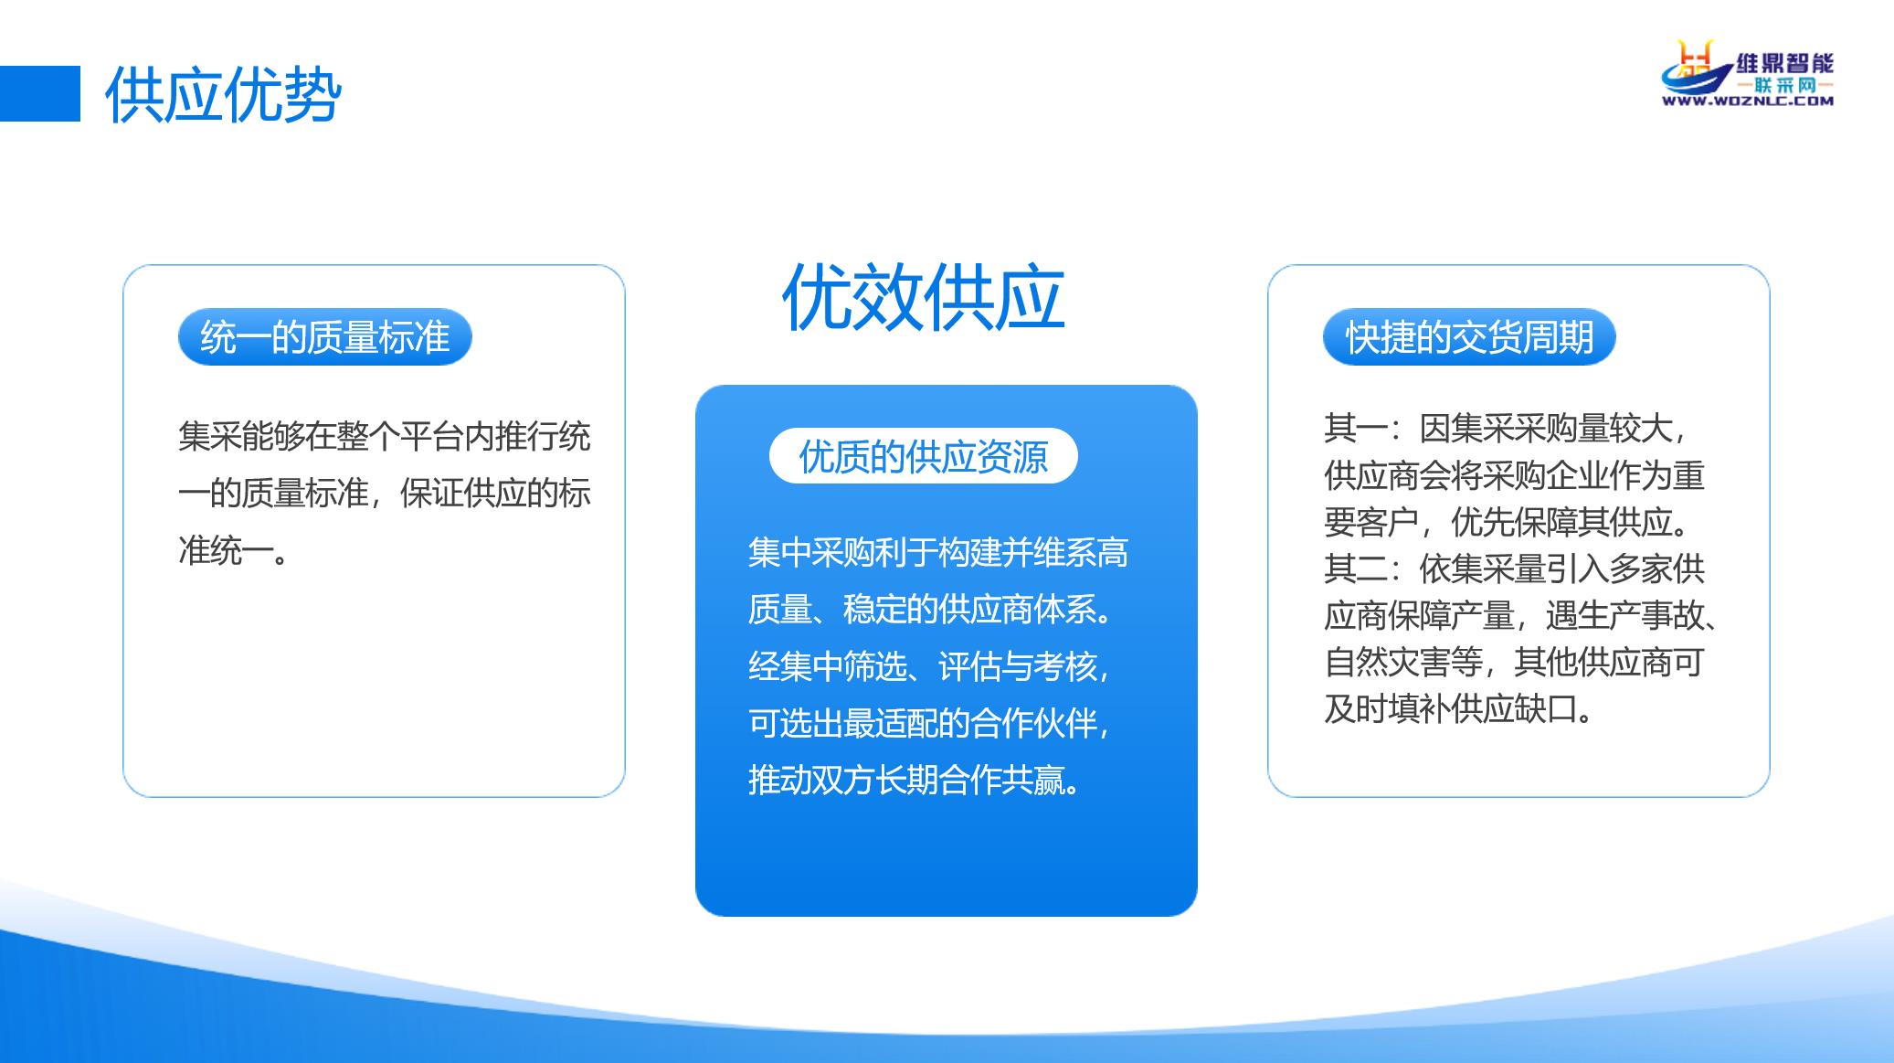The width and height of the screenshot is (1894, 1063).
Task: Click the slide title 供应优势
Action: pos(223,95)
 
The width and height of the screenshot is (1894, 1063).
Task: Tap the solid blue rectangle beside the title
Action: pos(40,93)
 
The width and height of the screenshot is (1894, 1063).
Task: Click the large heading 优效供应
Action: pos(923,297)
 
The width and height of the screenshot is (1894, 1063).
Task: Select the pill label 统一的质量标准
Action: pos(324,337)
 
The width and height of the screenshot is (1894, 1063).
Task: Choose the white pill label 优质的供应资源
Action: pos(923,456)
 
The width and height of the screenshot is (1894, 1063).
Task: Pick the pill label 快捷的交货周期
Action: pos(1469,337)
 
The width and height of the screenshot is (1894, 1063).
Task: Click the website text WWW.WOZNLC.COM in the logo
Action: pos(1747,101)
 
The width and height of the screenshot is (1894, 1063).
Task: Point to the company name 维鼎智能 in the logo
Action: pos(1784,63)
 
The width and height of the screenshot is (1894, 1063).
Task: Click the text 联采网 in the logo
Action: pos(1784,85)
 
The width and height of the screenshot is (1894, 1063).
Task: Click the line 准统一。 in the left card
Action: pos(234,550)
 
